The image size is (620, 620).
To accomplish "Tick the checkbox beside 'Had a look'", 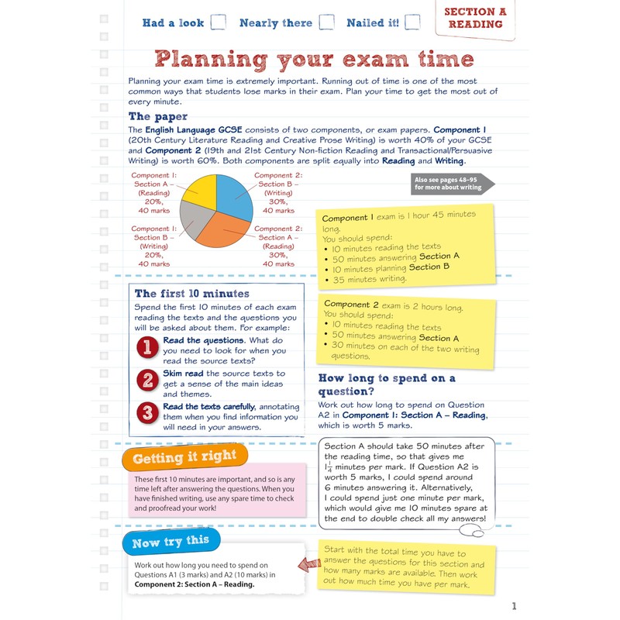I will click(x=218, y=22).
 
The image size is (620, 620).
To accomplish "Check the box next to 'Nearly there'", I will click(x=327, y=22).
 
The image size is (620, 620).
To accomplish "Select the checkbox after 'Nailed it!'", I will click(x=412, y=22).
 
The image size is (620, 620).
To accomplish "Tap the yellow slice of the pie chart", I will click(x=198, y=191).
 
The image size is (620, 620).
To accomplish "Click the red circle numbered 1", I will click(x=147, y=347).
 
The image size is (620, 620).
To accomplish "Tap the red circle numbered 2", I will click(x=147, y=380).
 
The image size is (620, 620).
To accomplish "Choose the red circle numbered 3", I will click(x=147, y=412).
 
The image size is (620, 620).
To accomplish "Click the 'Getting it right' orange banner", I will click(x=184, y=458).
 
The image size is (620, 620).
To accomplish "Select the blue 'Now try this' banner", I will click(x=170, y=542).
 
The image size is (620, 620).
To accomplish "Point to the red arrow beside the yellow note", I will click(x=310, y=568).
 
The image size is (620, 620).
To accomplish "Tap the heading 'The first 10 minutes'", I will click(x=192, y=294).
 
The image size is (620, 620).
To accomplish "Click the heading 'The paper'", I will click(x=158, y=117).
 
